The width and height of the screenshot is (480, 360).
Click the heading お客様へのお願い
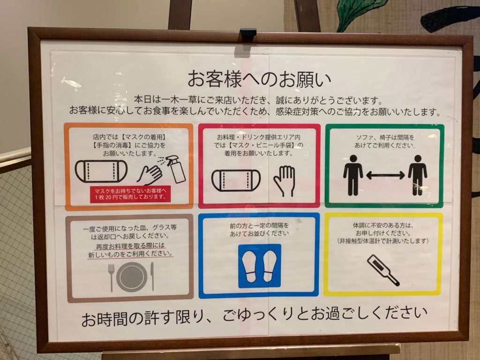[x=259, y=79]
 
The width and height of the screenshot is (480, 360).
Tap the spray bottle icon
[x=176, y=170]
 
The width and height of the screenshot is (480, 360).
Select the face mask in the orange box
[x=101, y=171]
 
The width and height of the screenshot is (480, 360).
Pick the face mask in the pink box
[x=236, y=180]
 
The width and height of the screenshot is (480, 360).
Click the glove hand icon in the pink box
[x=285, y=181]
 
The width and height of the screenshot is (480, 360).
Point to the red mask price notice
[x=130, y=194]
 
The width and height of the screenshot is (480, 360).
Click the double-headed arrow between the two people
[x=385, y=175]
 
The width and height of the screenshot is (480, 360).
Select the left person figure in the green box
[x=353, y=175]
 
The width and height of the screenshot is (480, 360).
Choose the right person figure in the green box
[x=418, y=175]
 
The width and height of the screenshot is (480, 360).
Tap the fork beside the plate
[x=111, y=277]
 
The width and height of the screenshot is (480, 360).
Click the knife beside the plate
[x=152, y=276]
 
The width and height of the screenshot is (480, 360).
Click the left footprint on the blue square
[x=249, y=266]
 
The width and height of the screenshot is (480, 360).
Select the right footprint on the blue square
[x=270, y=266]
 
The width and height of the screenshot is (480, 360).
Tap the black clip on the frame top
[x=248, y=33]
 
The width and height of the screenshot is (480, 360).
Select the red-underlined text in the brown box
[x=130, y=250]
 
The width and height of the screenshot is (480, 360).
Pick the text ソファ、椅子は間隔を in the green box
[x=385, y=137]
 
